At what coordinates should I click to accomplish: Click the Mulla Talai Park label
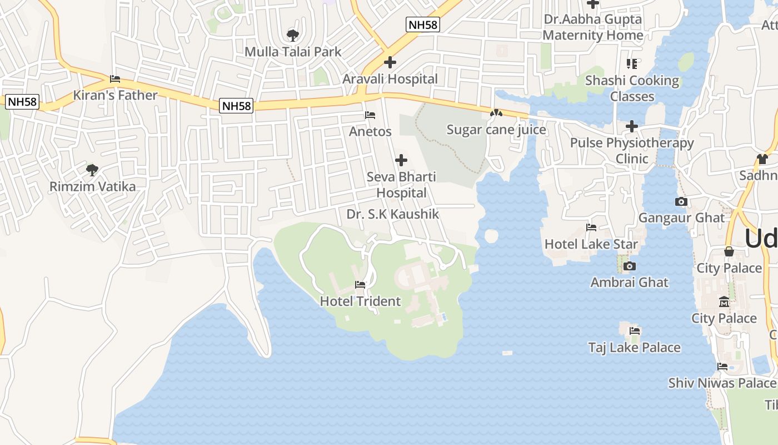tap(293, 52)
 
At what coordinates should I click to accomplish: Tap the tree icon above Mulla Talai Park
tap(292, 36)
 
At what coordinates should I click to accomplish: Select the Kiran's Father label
tap(116, 95)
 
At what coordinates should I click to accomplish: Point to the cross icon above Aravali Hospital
tap(390, 62)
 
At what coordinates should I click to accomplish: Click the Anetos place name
tap(370, 132)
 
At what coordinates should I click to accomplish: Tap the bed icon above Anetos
tap(370, 115)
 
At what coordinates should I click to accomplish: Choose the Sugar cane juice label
tap(496, 130)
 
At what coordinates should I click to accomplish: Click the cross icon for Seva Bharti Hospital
tap(401, 161)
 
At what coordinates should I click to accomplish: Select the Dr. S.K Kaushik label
tap(393, 214)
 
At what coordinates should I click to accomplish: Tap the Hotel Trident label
tap(360, 301)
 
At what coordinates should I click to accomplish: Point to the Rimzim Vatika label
tap(92, 186)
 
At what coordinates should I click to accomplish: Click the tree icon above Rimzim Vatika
tap(92, 169)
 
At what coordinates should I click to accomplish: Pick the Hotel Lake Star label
tap(591, 244)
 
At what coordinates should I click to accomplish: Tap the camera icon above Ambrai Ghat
tap(629, 266)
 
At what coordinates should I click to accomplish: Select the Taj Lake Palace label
tap(635, 348)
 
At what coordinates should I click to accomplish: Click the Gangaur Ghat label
tap(681, 217)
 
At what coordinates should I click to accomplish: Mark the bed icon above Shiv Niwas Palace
tap(722, 367)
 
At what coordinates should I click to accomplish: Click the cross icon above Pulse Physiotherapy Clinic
tap(632, 126)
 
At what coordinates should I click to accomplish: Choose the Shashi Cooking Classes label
tap(632, 88)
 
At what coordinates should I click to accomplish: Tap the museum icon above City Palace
tap(724, 302)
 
